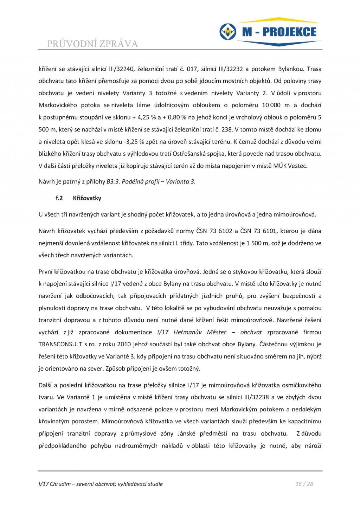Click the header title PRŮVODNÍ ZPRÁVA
click(x=92, y=44)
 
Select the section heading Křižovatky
click(x=87, y=198)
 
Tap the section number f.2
click(x=59, y=198)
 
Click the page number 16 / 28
click(x=304, y=484)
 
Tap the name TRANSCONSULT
click(x=58, y=344)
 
